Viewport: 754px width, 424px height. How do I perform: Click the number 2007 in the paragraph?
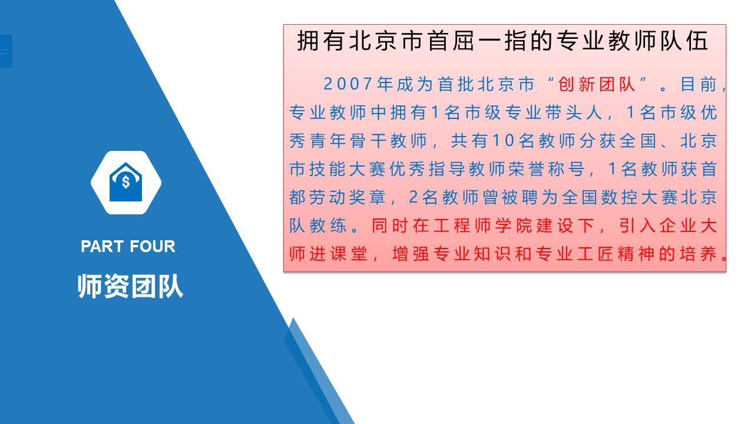point(348,84)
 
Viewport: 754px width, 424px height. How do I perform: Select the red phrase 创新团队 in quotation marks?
point(597,84)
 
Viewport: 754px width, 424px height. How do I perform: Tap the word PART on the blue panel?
point(102,246)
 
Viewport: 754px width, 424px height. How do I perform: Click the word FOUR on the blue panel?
point(152,246)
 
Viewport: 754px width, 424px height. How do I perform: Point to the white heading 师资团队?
point(130,286)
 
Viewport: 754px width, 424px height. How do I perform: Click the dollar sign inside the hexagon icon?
point(125,182)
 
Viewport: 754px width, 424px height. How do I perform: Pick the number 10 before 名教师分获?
point(503,141)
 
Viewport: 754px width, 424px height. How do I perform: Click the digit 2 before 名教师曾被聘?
point(414,197)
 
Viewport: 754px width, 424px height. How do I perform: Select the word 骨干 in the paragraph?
point(368,141)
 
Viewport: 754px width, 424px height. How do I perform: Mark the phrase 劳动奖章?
point(348,197)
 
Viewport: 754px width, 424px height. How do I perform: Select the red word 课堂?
point(348,254)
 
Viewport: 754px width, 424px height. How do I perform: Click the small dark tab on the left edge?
point(6,51)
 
